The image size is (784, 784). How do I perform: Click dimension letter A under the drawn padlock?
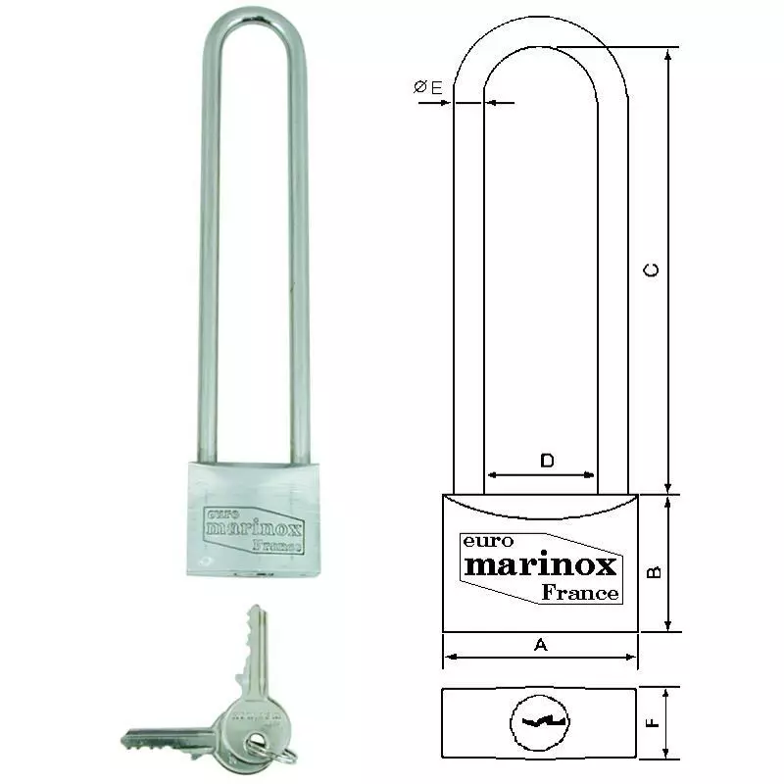539,644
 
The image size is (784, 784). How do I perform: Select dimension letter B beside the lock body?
658,569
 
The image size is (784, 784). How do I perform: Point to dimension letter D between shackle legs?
548,460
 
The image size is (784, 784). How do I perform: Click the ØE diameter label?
428,88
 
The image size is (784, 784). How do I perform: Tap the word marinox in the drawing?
539,565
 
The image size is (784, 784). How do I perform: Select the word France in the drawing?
580,592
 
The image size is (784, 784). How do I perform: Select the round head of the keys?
250,721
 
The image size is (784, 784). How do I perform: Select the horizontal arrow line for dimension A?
539,658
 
